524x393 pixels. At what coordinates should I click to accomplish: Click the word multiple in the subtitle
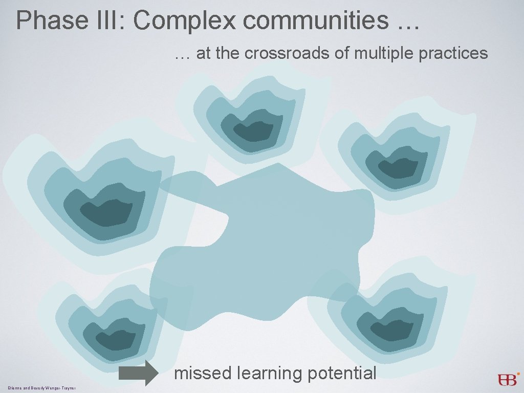click(379, 53)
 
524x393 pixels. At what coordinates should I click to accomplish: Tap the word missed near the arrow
click(203, 373)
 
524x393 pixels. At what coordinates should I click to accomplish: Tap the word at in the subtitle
click(203, 53)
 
